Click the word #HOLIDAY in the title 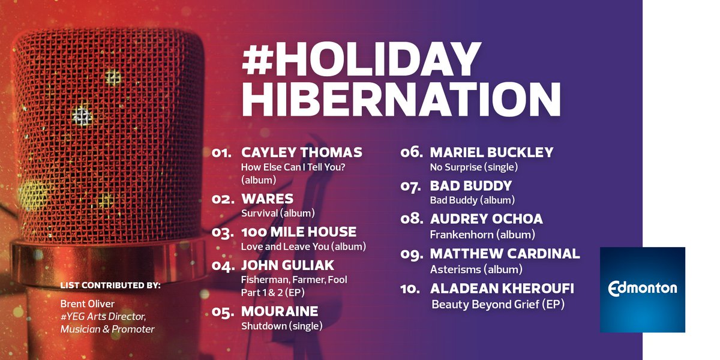click(x=361, y=61)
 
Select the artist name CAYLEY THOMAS click(x=301, y=152)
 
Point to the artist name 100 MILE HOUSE click(x=298, y=232)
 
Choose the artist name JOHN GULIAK click(x=287, y=265)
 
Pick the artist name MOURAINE click(x=280, y=311)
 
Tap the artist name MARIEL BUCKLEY click(x=491, y=152)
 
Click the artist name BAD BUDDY click(x=471, y=185)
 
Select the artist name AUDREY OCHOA click(x=486, y=219)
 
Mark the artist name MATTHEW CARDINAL click(x=505, y=253)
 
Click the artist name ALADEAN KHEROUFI click(x=502, y=289)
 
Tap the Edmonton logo click(x=642, y=289)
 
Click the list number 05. click(x=223, y=312)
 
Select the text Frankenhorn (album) click(x=482, y=235)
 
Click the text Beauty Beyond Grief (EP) click(x=498, y=305)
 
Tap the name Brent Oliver click(x=87, y=304)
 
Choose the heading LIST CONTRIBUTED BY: click(x=110, y=285)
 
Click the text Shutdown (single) click(x=281, y=326)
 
